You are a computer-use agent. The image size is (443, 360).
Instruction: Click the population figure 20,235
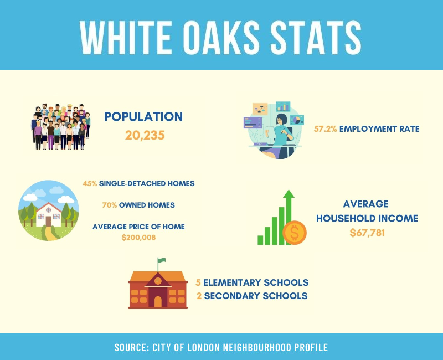click(145, 135)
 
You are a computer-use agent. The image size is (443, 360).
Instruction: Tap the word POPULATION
click(143, 117)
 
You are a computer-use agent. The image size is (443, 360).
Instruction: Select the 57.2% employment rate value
click(326, 129)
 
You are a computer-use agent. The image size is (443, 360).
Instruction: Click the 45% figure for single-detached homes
click(90, 184)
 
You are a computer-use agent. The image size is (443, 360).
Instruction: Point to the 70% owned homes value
click(110, 205)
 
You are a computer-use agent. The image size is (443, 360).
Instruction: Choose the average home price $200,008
click(139, 238)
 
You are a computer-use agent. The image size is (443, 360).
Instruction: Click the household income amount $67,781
click(367, 233)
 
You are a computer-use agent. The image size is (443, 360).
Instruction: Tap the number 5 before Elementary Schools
click(198, 282)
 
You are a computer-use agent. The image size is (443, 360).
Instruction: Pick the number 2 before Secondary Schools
click(199, 296)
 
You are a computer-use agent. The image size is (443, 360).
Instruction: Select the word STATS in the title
click(316, 37)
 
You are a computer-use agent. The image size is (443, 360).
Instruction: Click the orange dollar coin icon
click(295, 233)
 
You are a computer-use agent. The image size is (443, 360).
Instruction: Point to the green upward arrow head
click(289, 194)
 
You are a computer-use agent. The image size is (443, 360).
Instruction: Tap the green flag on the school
click(162, 260)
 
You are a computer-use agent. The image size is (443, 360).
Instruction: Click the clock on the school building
click(158, 281)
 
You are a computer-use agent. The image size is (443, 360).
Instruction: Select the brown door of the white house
click(49, 221)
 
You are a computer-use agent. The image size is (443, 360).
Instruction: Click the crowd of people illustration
click(60, 127)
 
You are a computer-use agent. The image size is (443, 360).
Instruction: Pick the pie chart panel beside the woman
click(297, 120)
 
